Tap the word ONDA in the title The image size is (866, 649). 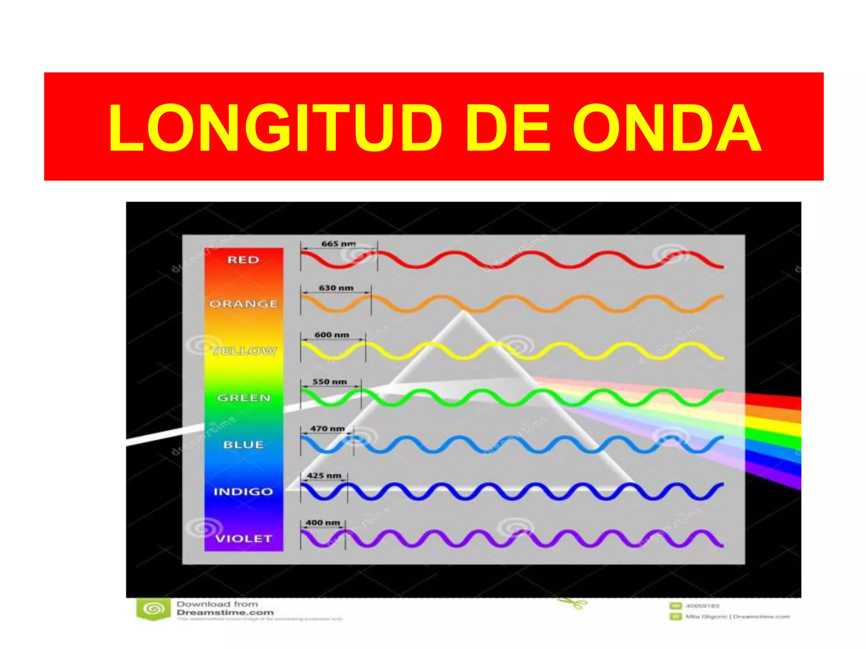coord(667,128)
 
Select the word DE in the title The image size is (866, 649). coord(507,128)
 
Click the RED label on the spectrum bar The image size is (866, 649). coord(243,259)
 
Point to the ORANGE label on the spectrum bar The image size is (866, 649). coord(244,304)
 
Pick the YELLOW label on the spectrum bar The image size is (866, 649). coord(244,351)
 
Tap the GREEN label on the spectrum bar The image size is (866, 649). coord(244,398)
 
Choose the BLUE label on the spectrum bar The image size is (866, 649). coord(243,444)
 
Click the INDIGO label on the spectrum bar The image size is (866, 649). coord(243,491)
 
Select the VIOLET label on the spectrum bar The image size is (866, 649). coord(243,539)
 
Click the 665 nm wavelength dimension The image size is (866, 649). coord(338,244)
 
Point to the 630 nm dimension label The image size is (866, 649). coord(336,288)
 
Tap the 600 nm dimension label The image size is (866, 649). coord(332,335)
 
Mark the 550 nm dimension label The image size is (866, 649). coord(329,382)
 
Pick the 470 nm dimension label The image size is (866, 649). coord(327,428)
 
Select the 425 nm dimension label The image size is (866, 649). coord(324,475)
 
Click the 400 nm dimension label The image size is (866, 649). coord(323,523)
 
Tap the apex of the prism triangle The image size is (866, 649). coord(463,313)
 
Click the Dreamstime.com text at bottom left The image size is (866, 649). coord(225,613)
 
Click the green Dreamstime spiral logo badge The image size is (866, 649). coord(153,609)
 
